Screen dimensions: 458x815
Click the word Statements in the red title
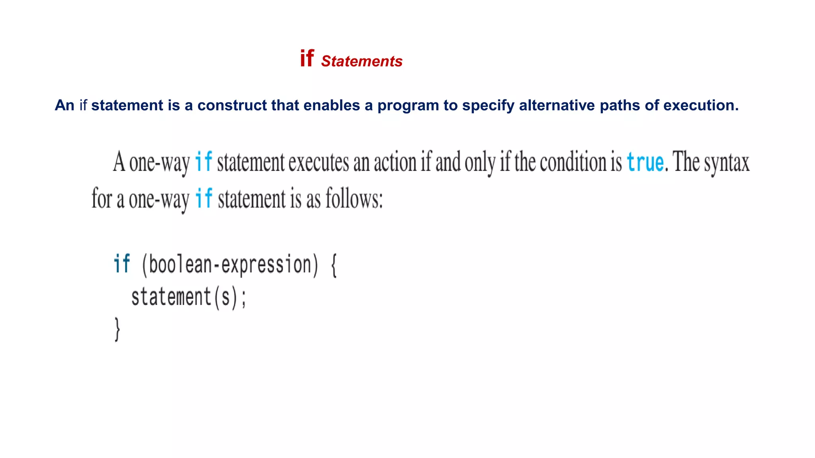tap(361, 61)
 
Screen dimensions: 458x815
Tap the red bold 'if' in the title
tap(307, 58)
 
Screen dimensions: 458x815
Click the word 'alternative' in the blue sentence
tap(556, 105)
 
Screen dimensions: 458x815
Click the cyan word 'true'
tap(645, 162)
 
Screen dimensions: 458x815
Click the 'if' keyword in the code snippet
tap(122, 264)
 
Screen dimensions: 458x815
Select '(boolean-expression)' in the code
tap(230, 265)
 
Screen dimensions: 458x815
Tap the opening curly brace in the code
tap(334, 266)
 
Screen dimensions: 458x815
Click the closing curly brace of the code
tap(117, 329)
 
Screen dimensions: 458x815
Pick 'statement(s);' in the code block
tap(189, 297)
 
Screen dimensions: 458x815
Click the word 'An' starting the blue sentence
tap(64, 105)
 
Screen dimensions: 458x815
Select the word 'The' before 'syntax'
tap(686, 162)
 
